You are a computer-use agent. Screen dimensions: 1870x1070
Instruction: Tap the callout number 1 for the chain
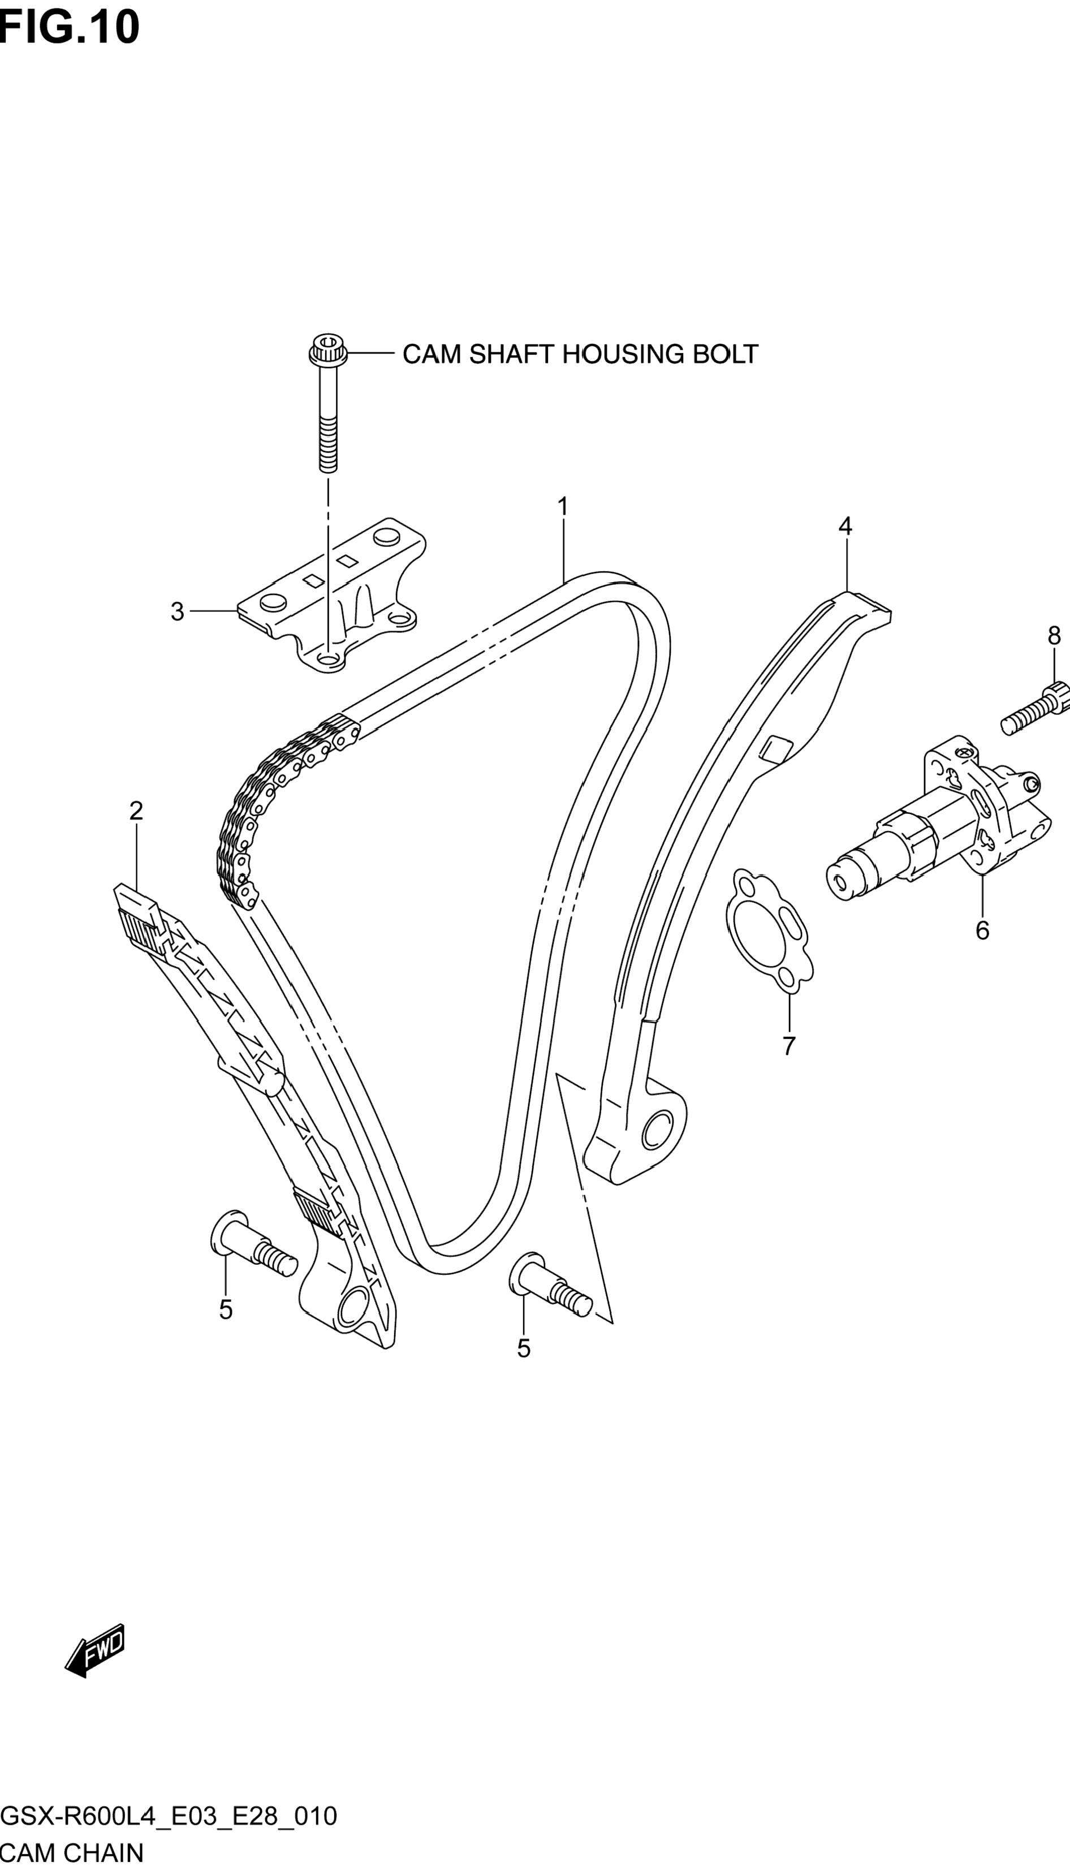[x=562, y=507]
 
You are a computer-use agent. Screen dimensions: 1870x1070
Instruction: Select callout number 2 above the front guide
[x=136, y=811]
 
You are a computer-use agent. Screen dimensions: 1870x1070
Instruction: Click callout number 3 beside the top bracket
[x=177, y=611]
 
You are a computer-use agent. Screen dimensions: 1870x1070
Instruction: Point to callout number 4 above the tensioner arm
[x=845, y=526]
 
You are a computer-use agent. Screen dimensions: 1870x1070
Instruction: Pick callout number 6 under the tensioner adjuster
[x=982, y=931]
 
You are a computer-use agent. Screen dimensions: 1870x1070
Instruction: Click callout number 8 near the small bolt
[x=1054, y=636]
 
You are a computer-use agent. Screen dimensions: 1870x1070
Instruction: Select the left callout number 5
[x=226, y=1309]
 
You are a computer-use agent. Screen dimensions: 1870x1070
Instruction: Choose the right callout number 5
[x=523, y=1348]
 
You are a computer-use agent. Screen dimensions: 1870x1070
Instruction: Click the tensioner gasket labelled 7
[x=766, y=929]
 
